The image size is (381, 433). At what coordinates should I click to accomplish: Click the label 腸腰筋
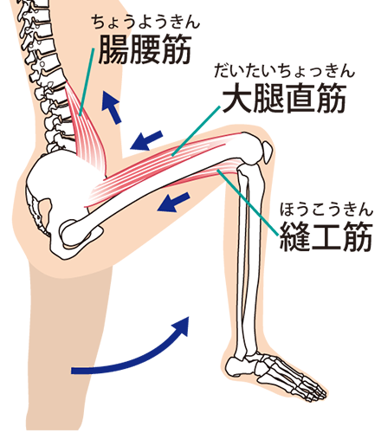pos(145,49)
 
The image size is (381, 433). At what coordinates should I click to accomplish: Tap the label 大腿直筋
pos(284,98)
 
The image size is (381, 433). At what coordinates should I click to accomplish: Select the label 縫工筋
pos(326,236)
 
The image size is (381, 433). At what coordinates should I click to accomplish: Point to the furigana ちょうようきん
pos(146,22)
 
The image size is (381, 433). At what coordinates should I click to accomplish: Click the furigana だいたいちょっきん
pos(284,71)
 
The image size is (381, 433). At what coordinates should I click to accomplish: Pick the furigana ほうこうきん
pos(326,210)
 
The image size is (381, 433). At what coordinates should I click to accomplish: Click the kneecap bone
pos(267,151)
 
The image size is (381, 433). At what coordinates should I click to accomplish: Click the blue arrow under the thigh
pos(174,202)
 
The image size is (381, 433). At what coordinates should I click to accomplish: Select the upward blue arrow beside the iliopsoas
pos(112,107)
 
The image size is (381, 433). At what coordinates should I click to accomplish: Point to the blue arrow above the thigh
pos(146,140)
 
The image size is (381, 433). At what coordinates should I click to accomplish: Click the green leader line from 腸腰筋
pos(87,82)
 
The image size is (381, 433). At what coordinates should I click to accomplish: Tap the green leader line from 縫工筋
pos(249,203)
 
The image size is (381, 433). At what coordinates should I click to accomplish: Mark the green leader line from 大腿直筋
pos(196,132)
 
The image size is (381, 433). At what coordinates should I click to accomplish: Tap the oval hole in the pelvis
pos(45,210)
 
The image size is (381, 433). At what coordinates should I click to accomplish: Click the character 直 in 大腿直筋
pos(300,98)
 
